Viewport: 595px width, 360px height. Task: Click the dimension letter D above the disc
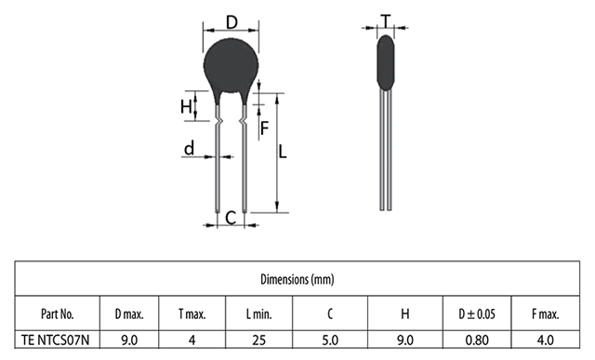pyautogui.click(x=231, y=22)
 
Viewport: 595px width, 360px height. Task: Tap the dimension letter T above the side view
pyautogui.click(x=386, y=21)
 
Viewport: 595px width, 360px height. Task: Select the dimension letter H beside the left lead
pyautogui.click(x=186, y=107)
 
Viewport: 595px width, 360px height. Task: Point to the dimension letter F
pyautogui.click(x=264, y=128)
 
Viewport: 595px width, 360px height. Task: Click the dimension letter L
pyautogui.click(x=283, y=153)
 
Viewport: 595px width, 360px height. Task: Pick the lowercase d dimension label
pyautogui.click(x=189, y=148)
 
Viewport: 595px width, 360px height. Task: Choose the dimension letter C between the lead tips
pyautogui.click(x=231, y=219)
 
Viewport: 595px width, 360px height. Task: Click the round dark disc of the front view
pyautogui.click(x=231, y=66)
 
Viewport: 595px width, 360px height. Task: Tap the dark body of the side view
pyautogui.click(x=386, y=62)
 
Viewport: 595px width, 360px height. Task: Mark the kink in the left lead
pyautogui.click(x=218, y=122)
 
